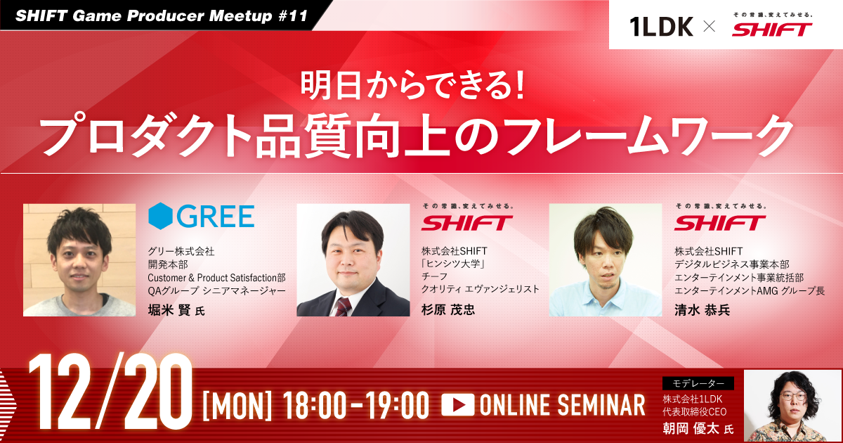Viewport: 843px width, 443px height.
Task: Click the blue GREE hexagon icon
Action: tap(160, 216)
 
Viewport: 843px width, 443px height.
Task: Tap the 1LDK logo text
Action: tap(662, 27)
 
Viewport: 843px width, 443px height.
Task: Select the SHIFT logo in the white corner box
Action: tap(771, 29)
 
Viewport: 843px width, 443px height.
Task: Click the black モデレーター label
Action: tap(698, 383)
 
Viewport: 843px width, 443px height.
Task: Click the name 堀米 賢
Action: tap(169, 310)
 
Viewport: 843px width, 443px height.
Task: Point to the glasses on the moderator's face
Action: tap(792, 397)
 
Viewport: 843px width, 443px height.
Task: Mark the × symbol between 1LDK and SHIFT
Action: tap(710, 27)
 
